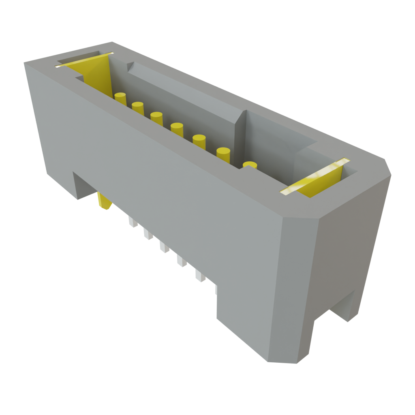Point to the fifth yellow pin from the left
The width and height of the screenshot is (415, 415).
(x=199, y=142)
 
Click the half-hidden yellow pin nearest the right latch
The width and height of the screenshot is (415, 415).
(x=250, y=165)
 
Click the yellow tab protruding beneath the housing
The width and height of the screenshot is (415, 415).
(x=104, y=201)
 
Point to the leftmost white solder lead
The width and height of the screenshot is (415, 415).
(x=132, y=222)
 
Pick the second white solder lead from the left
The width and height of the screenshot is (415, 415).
(x=148, y=234)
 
